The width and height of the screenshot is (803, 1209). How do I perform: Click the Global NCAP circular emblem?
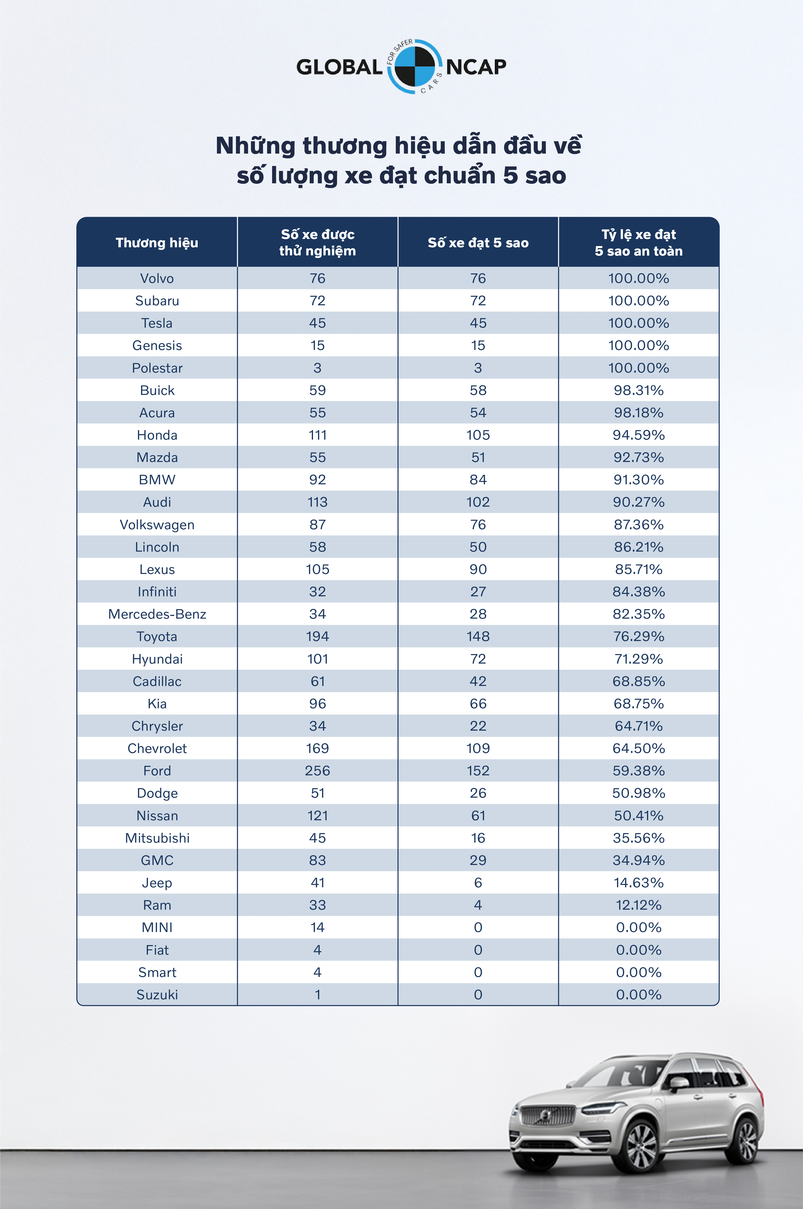pos(414,67)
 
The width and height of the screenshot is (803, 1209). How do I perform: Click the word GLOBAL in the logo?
pos(339,67)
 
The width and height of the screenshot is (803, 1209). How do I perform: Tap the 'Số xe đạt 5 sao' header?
pos(478,243)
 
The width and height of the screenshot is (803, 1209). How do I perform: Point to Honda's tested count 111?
pos(318,435)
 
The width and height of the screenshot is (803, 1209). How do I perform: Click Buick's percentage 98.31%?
pos(639,390)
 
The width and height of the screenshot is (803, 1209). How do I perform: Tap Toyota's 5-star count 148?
pos(478,636)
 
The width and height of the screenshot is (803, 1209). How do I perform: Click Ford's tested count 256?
pos(318,771)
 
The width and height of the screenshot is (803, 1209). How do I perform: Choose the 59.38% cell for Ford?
pos(639,771)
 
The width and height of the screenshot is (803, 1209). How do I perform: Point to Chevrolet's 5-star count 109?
pos(478,748)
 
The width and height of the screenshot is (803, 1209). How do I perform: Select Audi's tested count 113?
pos(318,502)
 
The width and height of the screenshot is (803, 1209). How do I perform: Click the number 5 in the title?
pos(511,175)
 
